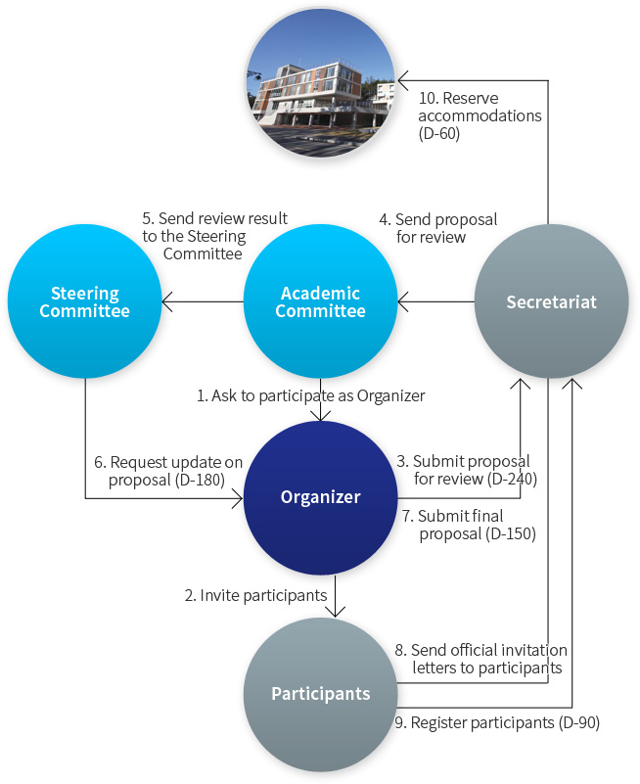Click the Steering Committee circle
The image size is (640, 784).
coord(84,301)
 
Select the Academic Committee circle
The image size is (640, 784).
coord(321,301)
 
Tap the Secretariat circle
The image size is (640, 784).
coord(552,301)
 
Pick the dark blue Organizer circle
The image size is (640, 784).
coord(321,497)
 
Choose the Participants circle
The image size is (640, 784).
coord(321,694)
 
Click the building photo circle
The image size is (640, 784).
coord(321,83)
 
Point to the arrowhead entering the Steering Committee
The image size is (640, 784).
coord(167,301)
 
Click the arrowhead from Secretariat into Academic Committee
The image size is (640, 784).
coord(403,301)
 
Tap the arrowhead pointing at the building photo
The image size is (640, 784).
coord(402,80)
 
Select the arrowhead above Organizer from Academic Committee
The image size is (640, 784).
coord(321,416)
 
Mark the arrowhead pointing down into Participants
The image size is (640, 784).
coord(335,612)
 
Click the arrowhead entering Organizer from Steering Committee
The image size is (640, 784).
coord(238,498)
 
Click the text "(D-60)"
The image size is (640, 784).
coord(439,133)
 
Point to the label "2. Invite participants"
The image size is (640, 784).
coord(255,595)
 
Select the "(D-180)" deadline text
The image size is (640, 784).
coord(200,480)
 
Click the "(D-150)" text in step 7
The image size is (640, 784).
coord(511,533)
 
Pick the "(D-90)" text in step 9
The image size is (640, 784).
coord(579,722)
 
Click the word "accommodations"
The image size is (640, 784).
coord(480,115)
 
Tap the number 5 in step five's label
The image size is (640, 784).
coord(147,218)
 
